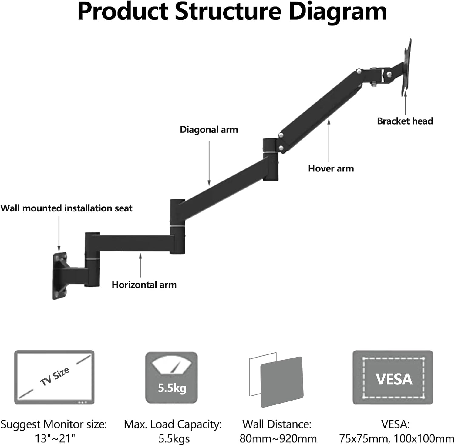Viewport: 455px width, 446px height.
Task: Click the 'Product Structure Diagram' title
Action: (232, 12)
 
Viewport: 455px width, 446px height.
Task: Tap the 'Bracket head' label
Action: (405, 121)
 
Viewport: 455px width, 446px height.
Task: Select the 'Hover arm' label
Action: (331, 168)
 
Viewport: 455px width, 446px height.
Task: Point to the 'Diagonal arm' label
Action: (209, 130)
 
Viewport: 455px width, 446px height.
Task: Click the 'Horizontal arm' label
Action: (144, 285)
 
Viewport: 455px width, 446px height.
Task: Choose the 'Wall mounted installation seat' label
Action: (66, 208)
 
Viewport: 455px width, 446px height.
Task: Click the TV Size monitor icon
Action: (54, 377)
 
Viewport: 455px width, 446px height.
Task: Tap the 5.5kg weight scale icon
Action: (172, 377)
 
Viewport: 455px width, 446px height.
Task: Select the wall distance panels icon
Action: (276, 380)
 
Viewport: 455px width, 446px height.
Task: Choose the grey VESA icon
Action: (393, 377)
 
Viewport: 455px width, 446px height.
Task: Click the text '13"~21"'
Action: (55, 438)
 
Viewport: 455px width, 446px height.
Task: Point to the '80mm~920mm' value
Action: (278, 438)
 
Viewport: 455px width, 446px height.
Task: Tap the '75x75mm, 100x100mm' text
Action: (396, 438)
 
